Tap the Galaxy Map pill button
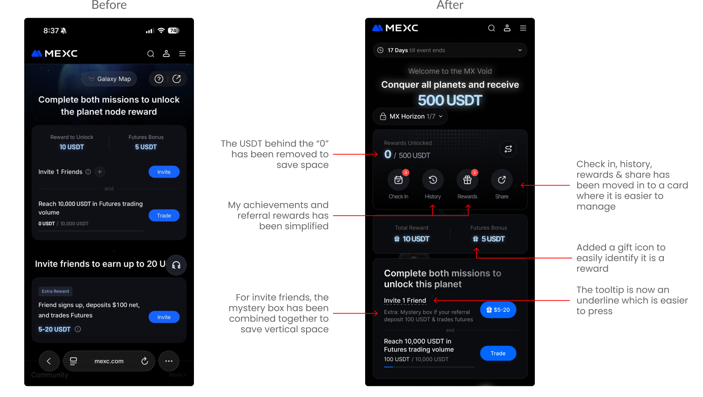[x=109, y=79]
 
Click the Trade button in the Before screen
[x=164, y=216]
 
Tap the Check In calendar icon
[x=398, y=180]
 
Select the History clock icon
[x=433, y=180]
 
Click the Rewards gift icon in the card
[x=467, y=180]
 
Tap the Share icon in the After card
[x=502, y=180]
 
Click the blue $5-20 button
[x=498, y=310]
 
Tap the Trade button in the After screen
[x=498, y=353]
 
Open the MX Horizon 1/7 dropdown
[x=410, y=116]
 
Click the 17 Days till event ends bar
[x=450, y=50]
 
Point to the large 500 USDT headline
[x=450, y=100]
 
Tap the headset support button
[x=176, y=265]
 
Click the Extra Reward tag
[x=55, y=291]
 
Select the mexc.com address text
[x=109, y=361]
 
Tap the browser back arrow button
[x=49, y=361]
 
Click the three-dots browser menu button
[x=169, y=361]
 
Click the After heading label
[x=450, y=5]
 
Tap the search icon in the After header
[x=492, y=28]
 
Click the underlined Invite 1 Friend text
[x=405, y=300]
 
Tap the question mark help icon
[x=159, y=79]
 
